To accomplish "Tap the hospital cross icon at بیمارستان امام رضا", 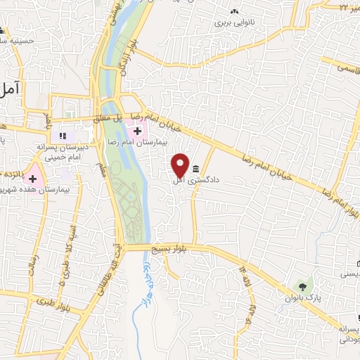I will point(137,130).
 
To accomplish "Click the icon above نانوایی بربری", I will point(233,12).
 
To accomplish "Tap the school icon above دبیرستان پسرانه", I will point(63,135).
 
